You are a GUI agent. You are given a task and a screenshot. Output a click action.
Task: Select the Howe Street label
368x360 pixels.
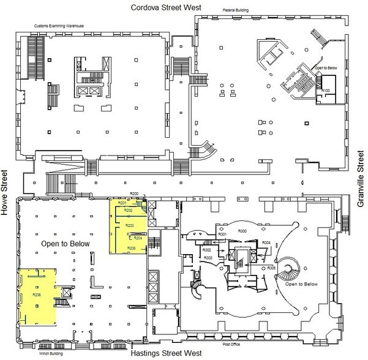click(8, 190)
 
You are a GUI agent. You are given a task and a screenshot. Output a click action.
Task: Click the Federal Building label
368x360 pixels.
click(235, 12)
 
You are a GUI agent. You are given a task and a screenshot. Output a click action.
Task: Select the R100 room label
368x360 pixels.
click(326, 90)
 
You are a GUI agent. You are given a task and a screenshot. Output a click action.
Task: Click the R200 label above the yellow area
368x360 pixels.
click(135, 194)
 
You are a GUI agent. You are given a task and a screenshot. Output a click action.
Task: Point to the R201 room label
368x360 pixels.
click(122, 203)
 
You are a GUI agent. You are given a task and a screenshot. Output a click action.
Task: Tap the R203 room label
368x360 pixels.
click(130, 225)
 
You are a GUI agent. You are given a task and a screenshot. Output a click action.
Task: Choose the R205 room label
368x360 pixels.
click(131, 248)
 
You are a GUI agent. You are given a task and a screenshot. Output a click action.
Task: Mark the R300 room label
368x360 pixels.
click(242, 231)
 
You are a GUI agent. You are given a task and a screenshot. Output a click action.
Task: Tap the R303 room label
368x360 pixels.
click(209, 258)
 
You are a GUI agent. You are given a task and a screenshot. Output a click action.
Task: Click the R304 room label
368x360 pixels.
click(266, 243)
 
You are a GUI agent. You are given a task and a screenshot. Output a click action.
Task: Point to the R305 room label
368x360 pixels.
click(271, 268)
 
